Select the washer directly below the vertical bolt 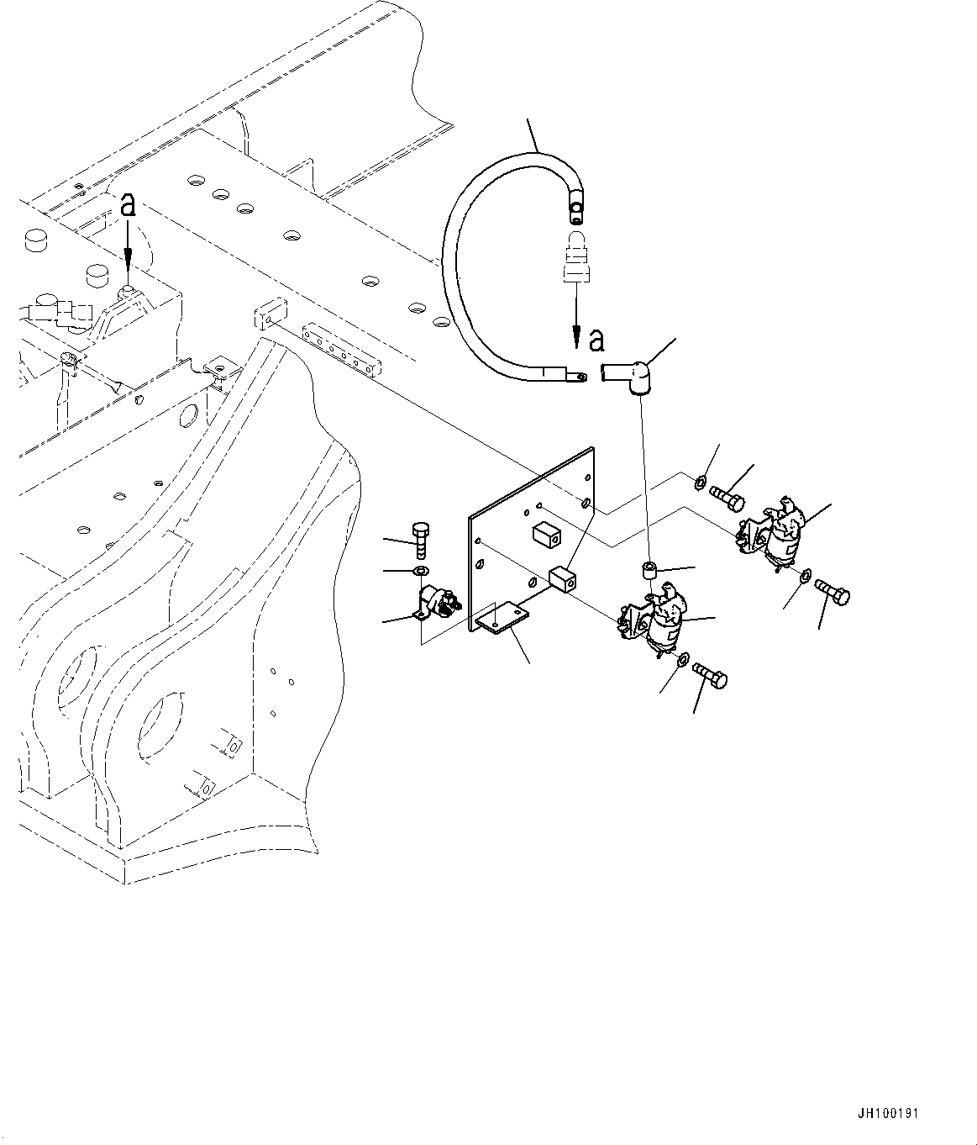421,570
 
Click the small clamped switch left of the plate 437,605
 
